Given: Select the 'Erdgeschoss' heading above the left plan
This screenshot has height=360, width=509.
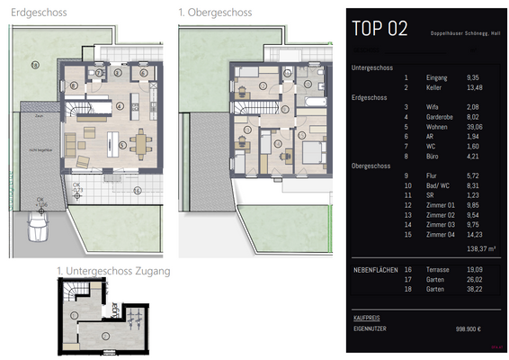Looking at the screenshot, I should point(38,13).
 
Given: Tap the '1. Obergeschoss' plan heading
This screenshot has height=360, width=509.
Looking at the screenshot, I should point(215,13).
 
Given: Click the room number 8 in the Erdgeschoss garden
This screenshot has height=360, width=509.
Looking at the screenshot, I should point(35,64).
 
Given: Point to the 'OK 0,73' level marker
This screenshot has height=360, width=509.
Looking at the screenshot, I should point(103,190).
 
